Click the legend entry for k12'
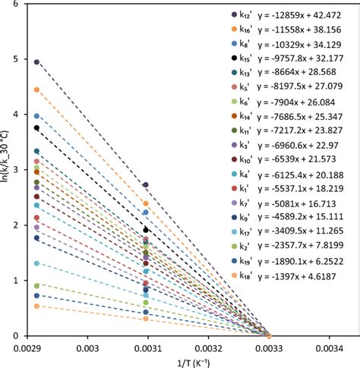pyautogui.click(x=245, y=14)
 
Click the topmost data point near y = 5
pyautogui.click(x=36, y=62)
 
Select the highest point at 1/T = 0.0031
pyautogui.click(x=147, y=184)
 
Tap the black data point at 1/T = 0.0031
pyautogui.click(x=147, y=230)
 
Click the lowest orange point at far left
pyautogui.click(x=36, y=306)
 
